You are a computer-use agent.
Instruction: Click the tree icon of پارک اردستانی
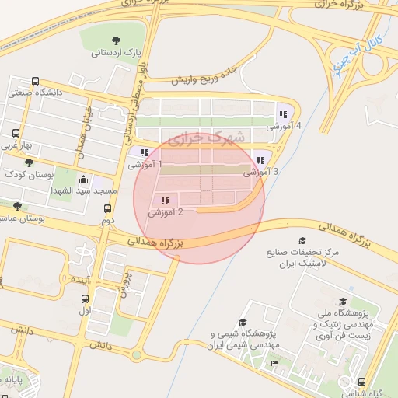(116, 40)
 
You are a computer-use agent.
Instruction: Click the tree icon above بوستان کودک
(30, 162)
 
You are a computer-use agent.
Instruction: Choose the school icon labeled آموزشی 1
(145, 152)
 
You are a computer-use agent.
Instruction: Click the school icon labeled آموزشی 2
(164, 201)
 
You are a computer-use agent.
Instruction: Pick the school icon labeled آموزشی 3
(260, 160)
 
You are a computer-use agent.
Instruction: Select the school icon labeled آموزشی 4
(281, 113)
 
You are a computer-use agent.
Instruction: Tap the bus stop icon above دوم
(107, 208)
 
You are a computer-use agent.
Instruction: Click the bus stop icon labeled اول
(85, 298)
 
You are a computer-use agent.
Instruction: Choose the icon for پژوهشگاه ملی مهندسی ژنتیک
(342, 302)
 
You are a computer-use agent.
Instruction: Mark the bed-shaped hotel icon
(274, 364)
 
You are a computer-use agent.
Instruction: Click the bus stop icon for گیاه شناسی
(362, 382)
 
